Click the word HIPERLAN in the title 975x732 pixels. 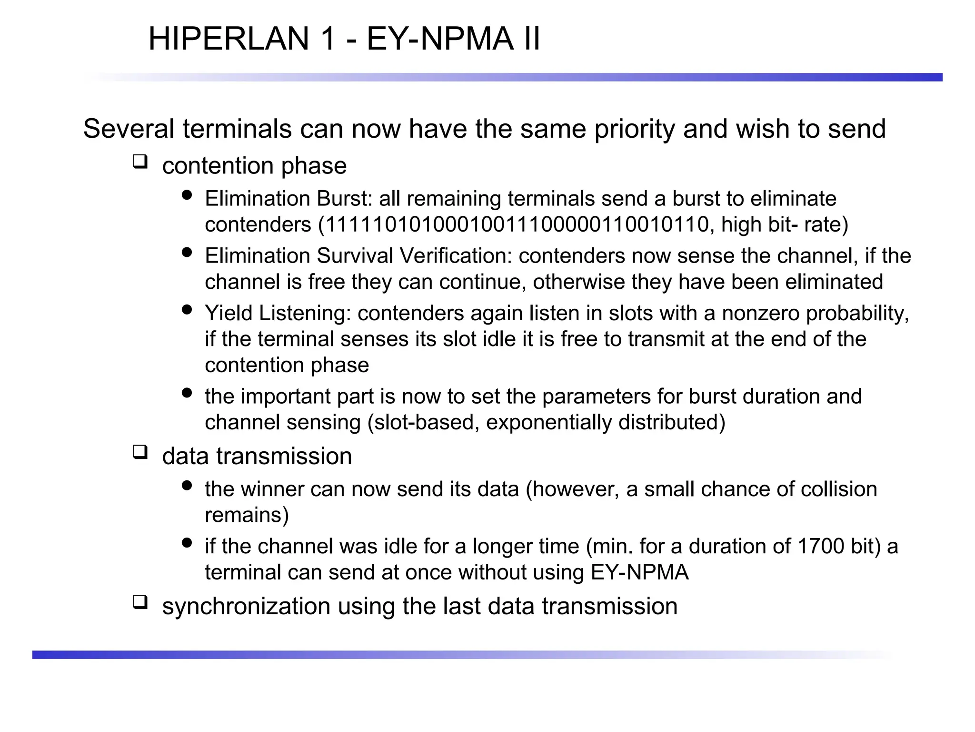coord(229,39)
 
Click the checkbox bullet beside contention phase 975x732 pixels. coord(140,162)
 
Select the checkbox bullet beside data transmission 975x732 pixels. coord(140,452)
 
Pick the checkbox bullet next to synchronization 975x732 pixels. coord(140,602)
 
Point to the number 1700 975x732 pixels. coord(821,546)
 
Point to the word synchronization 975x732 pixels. coord(246,606)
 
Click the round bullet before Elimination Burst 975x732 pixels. coord(187,195)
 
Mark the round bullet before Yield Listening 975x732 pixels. coord(187,310)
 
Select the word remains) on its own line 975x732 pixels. coord(247,515)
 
